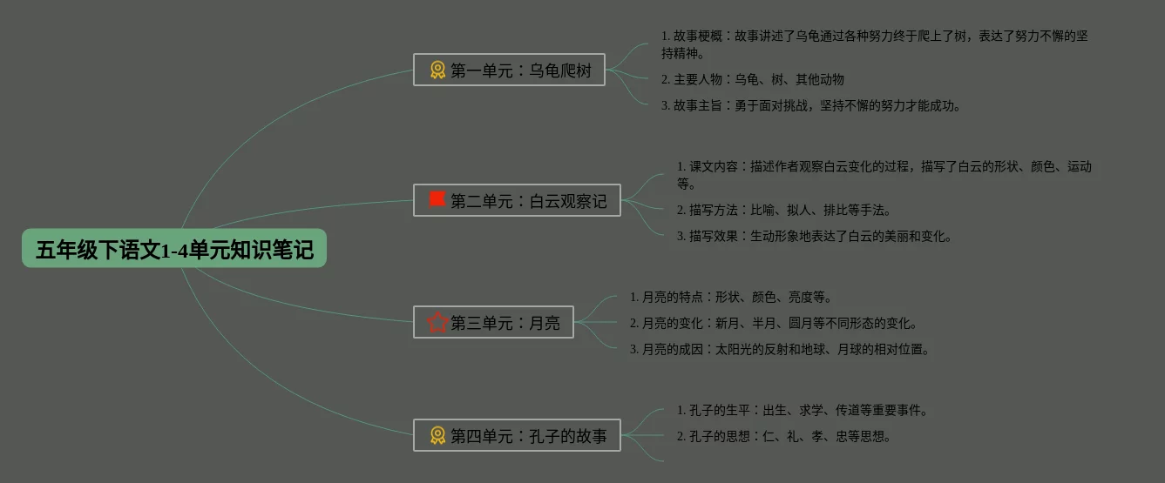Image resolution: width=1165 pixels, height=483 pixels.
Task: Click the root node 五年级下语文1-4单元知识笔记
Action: (x=174, y=250)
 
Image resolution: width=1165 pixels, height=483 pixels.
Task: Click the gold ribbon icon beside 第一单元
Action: (x=437, y=70)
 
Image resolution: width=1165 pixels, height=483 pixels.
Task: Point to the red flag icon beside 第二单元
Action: (x=437, y=200)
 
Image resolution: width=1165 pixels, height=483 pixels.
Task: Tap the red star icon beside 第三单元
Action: (x=437, y=323)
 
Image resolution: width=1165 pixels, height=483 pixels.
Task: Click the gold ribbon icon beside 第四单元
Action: (x=437, y=436)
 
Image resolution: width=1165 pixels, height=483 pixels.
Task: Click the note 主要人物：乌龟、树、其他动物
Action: (x=753, y=79)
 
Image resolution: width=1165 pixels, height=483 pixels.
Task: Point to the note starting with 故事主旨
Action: (x=810, y=105)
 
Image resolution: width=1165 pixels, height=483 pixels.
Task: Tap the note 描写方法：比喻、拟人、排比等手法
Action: (x=784, y=210)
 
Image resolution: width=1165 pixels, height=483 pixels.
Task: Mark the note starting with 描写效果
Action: (x=815, y=236)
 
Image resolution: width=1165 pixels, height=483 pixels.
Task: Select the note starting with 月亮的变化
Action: (x=774, y=323)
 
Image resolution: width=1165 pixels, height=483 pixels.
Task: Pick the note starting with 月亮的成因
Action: (x=780, y=349)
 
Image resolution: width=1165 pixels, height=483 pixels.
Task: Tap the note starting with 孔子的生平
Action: (x=803, y=410)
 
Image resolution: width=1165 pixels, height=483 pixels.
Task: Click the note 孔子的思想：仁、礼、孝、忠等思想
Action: (x=784, y=436)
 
